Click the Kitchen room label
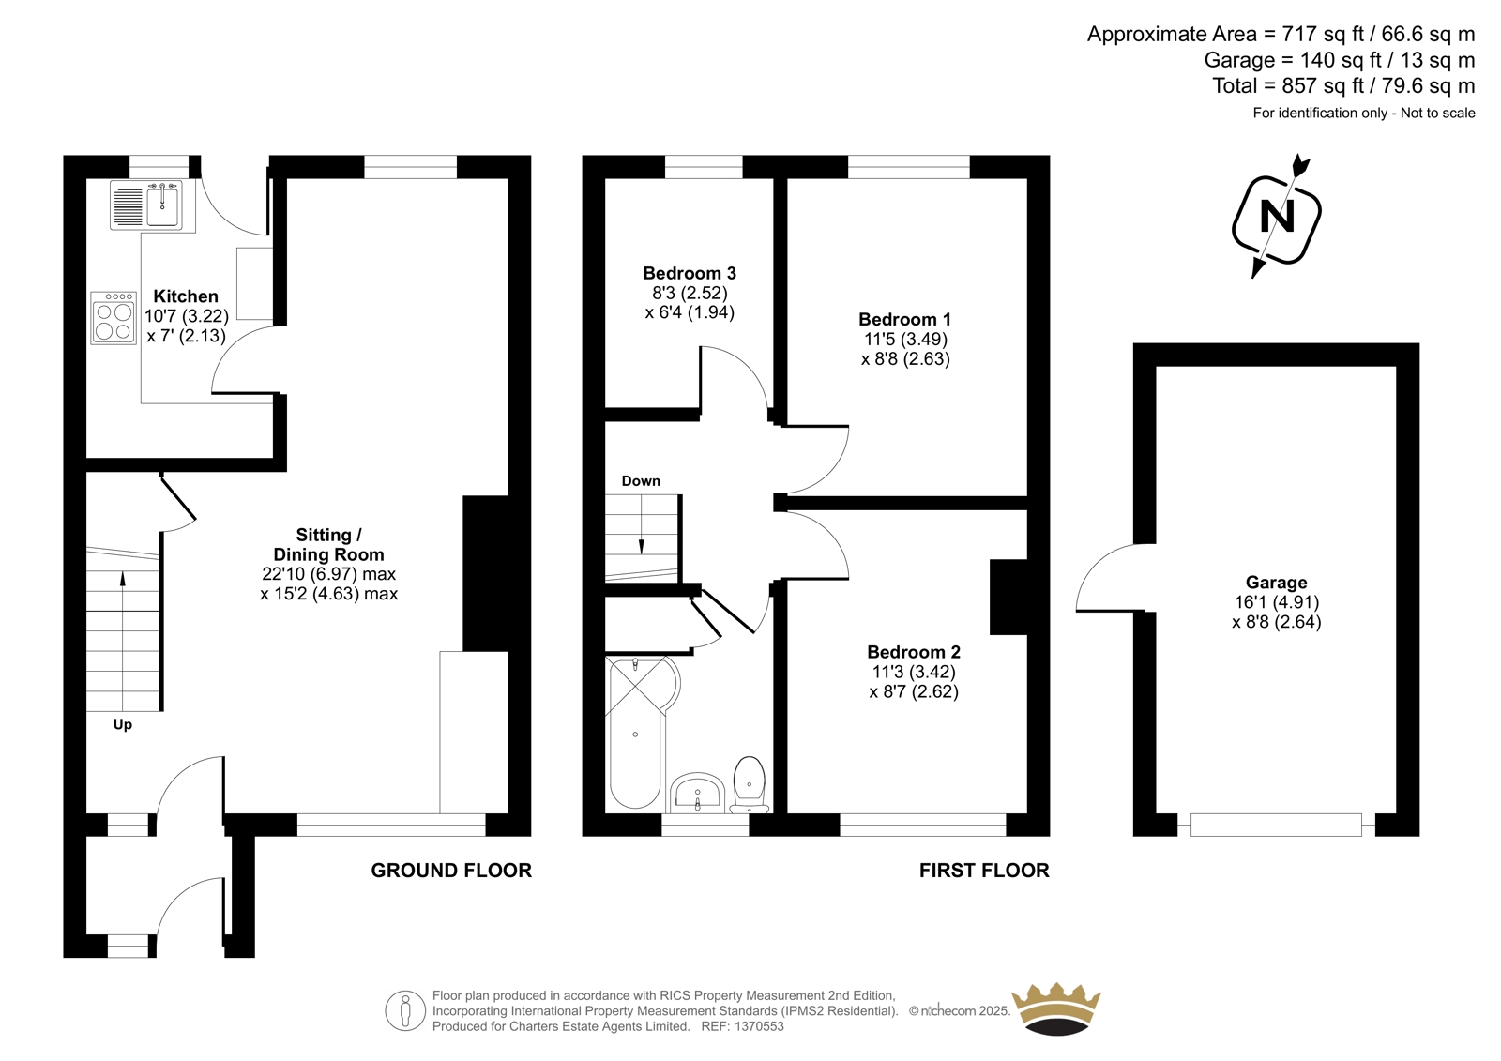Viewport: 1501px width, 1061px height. (186, 296)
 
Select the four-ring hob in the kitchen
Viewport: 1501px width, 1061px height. (114, 318)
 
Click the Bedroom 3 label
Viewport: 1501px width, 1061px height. (690, 274)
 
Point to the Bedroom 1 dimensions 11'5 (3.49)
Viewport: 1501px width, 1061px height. (905, 340)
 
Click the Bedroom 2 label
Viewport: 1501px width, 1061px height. (914, 652)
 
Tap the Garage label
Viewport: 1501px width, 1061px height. (1277, 583)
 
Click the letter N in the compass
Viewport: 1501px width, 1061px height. (1277, 217)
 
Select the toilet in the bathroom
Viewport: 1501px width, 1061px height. (750, 785)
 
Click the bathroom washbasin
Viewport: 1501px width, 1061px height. (698, 793)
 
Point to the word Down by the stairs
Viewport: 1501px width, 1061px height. (641, 481)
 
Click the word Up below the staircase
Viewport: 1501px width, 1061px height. (123, 725)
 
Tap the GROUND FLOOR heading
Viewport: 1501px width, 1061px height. (451, 871)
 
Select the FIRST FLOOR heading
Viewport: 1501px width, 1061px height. (984, 871)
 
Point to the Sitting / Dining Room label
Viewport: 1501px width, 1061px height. (328, 545)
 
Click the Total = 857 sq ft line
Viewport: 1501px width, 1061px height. (1343, 85)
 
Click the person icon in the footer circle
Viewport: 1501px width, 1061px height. (404, 1011)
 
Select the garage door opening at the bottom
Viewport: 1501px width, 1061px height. (1277, 825)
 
